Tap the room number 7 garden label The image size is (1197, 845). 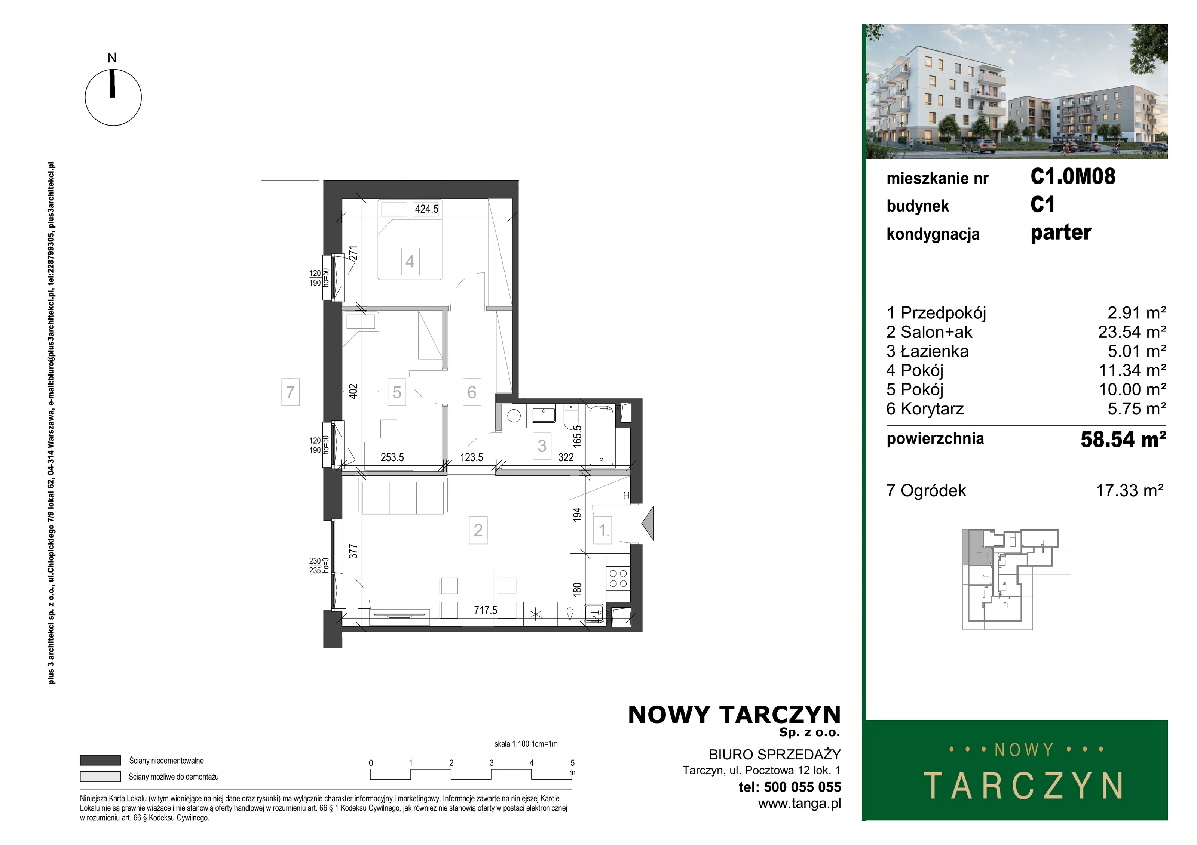point(290,392)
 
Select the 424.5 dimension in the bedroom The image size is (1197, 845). point(426,209)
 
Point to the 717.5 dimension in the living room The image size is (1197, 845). point(486,610)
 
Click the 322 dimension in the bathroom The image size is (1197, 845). point(566,457)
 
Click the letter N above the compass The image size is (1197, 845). point(112,58)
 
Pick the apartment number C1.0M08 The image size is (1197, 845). point(1073,176)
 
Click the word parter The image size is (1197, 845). point(1061,233)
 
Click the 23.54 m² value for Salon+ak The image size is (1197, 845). point(1132,332)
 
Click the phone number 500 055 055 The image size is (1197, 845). point(803,787)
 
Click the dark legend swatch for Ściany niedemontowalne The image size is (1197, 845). point(100,761)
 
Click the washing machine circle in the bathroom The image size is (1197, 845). point(514,415)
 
